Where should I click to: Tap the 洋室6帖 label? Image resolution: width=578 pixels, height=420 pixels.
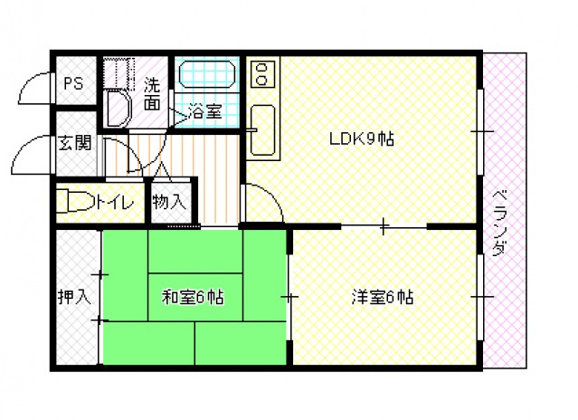(383, 296)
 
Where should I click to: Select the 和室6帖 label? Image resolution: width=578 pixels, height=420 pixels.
(194, 296)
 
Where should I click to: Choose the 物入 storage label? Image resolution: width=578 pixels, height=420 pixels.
(168, 201)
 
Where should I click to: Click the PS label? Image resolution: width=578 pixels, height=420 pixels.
(73, 84)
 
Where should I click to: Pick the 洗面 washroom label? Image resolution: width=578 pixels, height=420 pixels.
(153, 95)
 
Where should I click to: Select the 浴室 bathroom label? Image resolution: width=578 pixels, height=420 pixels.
(205, 112)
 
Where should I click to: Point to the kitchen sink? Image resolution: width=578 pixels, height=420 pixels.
(262, 129)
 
